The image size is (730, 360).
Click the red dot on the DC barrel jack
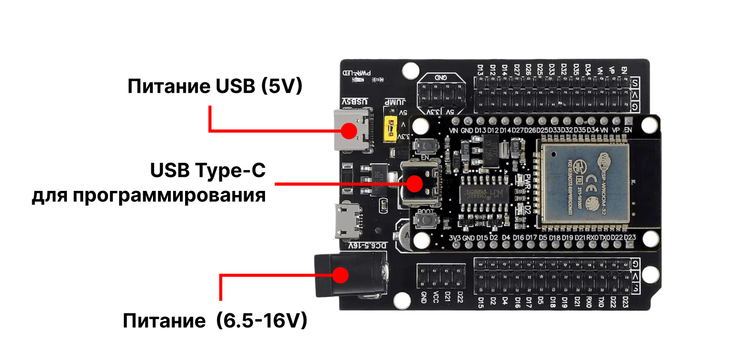340,275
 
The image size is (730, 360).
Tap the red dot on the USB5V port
349,131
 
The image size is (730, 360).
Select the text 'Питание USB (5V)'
215,86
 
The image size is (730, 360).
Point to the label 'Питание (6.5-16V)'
215,321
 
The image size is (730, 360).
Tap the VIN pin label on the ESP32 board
454,130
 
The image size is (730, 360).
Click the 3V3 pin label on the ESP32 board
455,238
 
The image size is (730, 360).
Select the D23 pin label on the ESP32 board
630,238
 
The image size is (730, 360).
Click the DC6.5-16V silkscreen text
368,245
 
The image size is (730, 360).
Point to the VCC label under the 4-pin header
436,298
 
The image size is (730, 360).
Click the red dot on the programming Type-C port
414,183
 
